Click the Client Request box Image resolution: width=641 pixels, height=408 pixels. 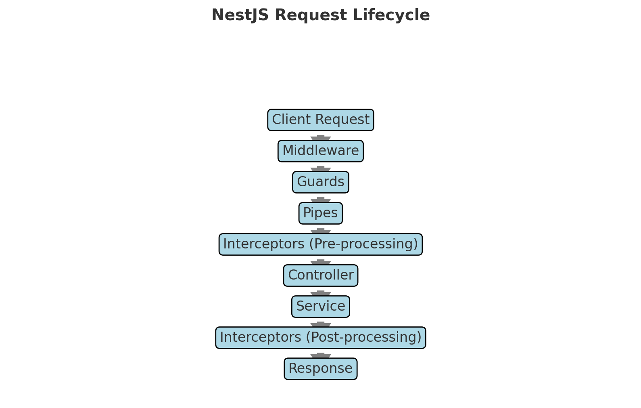pyautogui.click(x=320, y=120)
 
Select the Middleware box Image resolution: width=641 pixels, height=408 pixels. pyautogui.click(x=320, y=151)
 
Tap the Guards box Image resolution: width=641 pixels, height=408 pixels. pyautogui.click(x=320, y=182)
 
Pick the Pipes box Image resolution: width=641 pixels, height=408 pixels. pyautogui.click(x=320, y=213)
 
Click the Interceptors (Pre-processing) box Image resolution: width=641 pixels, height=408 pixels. pyautogui.click(x=320, y=244)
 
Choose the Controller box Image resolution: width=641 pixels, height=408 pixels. pyautogui.click(x=320, y=276)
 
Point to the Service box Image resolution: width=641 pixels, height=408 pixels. pyautogui.click(x=320, y=307)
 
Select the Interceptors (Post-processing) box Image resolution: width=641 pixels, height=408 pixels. pyautogui.click(x=320, y=338)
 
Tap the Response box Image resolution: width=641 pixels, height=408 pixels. pyautogui.click(x=320, y=369)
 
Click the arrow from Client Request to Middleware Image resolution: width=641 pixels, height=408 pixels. pyautogui.click(x=321, y=138)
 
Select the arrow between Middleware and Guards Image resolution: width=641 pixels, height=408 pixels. pyautogui.click(x=321, y=169)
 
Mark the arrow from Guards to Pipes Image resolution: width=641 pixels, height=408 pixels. pyautogui.click(x=321, y=200)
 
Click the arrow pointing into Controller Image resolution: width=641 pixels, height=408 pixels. pyautogui.click(x=321, y=262)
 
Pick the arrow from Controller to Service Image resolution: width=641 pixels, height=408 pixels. pyautogui.click(x=321, y=293)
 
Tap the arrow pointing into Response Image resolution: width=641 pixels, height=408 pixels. pyautogui.click(x=321, y=355)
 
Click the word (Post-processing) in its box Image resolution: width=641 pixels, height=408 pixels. pyautogui.click(x=363, y=338)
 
